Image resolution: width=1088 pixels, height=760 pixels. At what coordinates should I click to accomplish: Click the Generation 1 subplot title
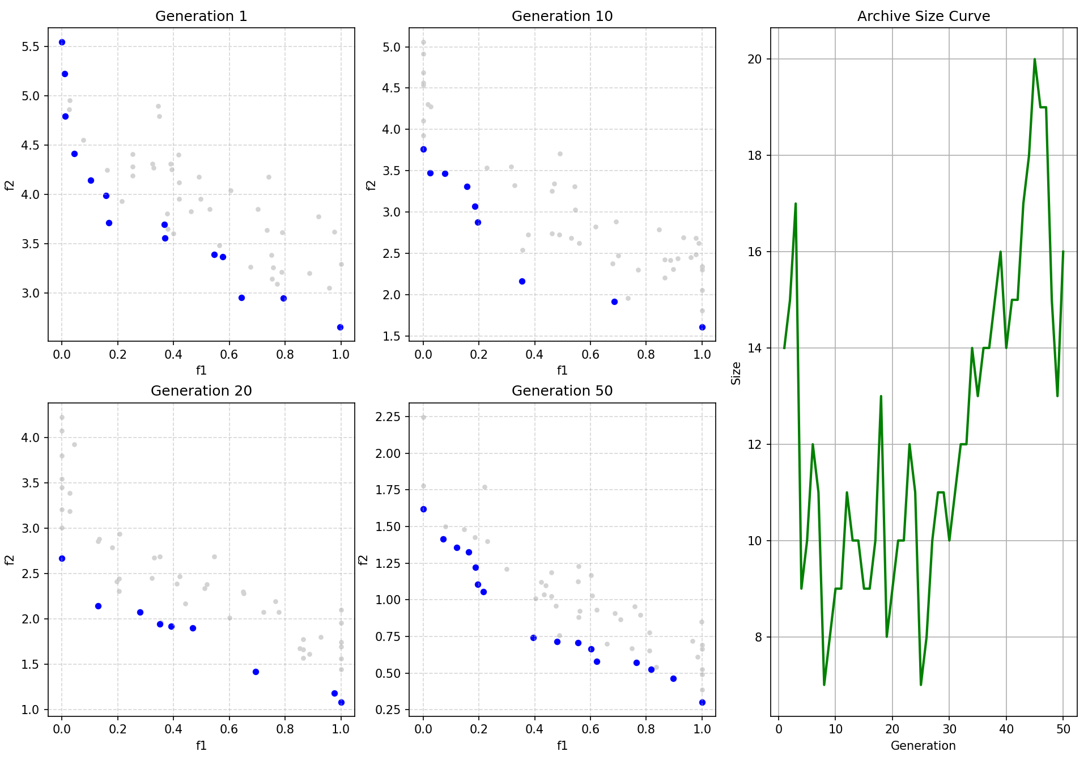coord(201,16)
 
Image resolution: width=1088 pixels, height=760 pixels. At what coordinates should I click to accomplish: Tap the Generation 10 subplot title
coord(562,16)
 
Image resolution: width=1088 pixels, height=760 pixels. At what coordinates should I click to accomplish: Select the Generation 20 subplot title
coord(201,390)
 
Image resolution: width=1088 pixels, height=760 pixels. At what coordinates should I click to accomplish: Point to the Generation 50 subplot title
coord(562,390)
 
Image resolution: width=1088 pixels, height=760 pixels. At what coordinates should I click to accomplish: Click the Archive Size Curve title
coord(924,16)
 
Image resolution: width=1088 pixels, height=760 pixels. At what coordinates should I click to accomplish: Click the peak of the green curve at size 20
coord(1035,59)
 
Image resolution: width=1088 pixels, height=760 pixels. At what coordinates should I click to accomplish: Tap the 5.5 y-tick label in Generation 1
coord(31,46)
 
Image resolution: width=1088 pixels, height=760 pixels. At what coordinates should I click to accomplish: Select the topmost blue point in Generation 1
coord(62,42)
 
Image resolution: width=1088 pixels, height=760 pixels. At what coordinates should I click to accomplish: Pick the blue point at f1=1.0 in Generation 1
coord(340,327)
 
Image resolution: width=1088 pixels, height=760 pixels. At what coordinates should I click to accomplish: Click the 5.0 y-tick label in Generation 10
coord(392,47)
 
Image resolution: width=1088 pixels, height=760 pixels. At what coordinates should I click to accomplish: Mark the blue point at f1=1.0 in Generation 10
coord(702,327)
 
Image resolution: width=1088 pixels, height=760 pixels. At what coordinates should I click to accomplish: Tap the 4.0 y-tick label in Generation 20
coord(31,438)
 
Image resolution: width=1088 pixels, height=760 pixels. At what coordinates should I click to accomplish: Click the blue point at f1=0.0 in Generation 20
coord(62,558)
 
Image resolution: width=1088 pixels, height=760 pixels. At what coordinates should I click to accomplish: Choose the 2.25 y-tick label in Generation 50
coord(388,417)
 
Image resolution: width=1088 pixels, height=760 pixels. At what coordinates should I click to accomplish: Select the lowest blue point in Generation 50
coord(702,702)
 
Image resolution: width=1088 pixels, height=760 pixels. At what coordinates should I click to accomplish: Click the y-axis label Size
coord(736,373)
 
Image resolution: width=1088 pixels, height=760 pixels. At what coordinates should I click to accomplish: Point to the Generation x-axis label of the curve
coord(923,745)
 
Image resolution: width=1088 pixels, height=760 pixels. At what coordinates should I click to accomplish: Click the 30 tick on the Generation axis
coord(949,729)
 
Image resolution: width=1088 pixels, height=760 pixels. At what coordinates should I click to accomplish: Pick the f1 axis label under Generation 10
coord(562,370)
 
